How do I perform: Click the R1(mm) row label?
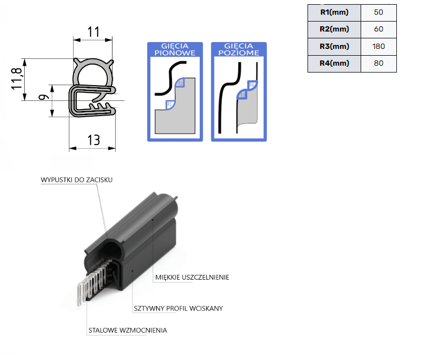[334, 12]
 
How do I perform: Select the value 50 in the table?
[378, 12]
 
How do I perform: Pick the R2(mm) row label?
[334, 29]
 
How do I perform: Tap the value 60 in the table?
[378, 29]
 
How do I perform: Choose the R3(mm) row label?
[334, 46]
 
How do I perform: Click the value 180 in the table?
[378, 46]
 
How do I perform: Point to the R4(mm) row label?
[334, 63]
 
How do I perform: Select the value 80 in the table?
[378, 63]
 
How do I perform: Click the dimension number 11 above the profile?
[93, 32]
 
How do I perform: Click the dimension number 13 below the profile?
[93, 140]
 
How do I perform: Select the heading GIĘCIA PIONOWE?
[173, 49]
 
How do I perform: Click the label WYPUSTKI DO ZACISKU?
[77, 180]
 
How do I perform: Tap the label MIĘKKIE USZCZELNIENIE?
[192, 277]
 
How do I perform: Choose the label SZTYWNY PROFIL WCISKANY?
[177, 308]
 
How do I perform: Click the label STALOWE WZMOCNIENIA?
[127, 331]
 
